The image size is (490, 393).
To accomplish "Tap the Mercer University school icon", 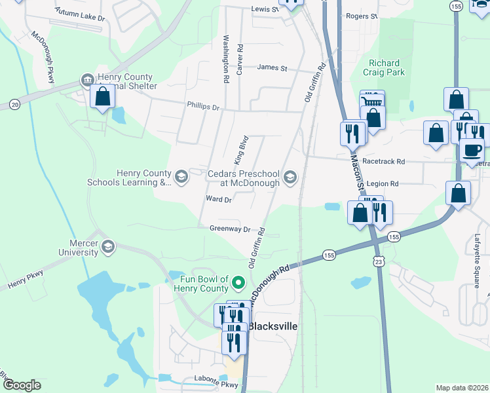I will pos(107,247).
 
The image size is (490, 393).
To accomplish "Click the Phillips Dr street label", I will pos(202,105).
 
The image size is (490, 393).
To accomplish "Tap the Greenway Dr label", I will pos(231,229).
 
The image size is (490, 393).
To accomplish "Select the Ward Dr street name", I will pos(219,200).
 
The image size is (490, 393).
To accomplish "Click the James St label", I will pos(273,67).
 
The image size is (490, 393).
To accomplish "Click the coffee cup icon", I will pos(471,151).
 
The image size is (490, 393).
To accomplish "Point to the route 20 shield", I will pos(14,104).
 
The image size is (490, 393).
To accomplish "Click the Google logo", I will pos(21,385).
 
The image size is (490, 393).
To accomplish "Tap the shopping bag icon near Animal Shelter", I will pos(103,98).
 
